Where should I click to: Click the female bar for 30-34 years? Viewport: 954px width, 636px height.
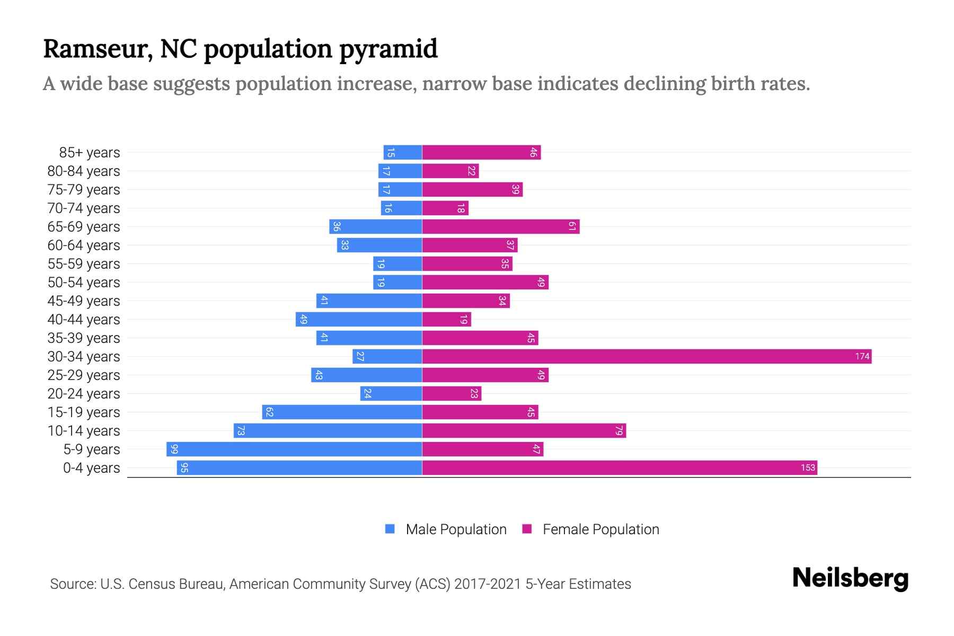click(x=647, y=356)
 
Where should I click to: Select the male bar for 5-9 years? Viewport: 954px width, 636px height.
click(x=294, y=449)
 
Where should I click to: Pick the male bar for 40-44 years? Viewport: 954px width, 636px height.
click(x=359, y=319)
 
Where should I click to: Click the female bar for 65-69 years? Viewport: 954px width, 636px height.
click(x=501, y=226)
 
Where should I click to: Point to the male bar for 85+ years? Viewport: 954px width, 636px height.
click(x=403, y=152)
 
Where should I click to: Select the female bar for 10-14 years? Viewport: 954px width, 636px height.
click(x=524, y=430)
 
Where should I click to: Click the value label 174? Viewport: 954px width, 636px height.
click(x=862, y=356)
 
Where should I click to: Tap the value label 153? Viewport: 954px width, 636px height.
click(x=808, y=467)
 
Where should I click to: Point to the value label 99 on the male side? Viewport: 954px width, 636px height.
click(x=174, y=449)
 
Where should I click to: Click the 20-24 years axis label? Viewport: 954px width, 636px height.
click(x=84, y=393)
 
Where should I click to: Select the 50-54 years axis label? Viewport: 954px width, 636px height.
click(x=84, y=282)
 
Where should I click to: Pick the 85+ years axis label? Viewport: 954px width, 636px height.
click(x=90, y=152)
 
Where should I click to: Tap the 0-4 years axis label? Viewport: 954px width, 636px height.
click(x=91, y=467)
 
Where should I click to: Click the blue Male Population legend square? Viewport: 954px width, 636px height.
click(x=390, y=529)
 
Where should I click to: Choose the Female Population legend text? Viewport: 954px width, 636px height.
click(x=600, y=529)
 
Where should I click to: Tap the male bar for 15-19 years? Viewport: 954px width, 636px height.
click(x=342, y=412)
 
